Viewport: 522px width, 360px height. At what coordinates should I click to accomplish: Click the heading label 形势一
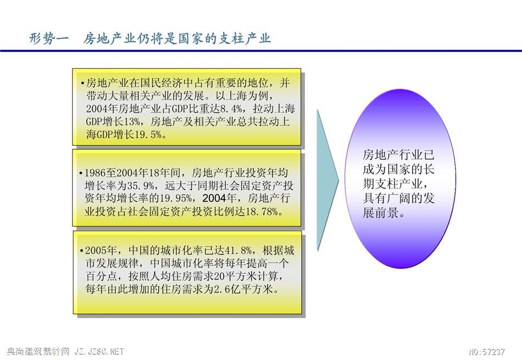tap(48, 38)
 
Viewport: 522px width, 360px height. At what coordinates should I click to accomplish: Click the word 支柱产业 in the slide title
tap(245, 38)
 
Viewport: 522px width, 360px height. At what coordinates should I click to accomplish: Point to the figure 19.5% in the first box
tap(148, 135)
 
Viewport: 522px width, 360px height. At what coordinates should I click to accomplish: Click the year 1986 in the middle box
tap(95, 173)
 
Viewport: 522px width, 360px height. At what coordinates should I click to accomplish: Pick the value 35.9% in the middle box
tap(141, 185)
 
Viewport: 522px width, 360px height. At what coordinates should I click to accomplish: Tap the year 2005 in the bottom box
tap(96, 251)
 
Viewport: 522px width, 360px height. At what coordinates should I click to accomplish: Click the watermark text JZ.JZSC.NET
tap(99, 352)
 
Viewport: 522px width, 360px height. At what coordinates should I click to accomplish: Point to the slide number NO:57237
tap(487, 352)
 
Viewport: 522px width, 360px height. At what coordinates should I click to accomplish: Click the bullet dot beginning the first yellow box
tap(82, 83)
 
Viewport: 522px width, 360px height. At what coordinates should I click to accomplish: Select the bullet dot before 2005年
tap(81, 251)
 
